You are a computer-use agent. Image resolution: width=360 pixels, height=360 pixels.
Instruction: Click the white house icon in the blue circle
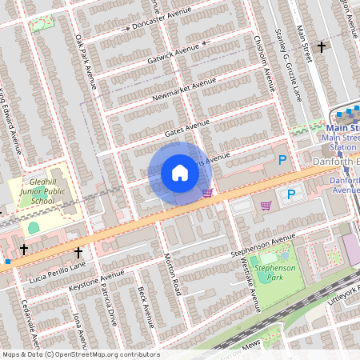pyautogui.click(x=180, y=173)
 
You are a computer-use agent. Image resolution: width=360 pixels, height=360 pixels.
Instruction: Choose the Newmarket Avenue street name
pyautogui.click(x=185, y=90)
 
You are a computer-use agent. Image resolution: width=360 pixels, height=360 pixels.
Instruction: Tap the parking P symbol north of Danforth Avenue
pyautogui.click(x=282, y=160)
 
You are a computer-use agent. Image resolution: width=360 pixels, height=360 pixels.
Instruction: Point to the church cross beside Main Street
pyautogui.click(x=322, y=47)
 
